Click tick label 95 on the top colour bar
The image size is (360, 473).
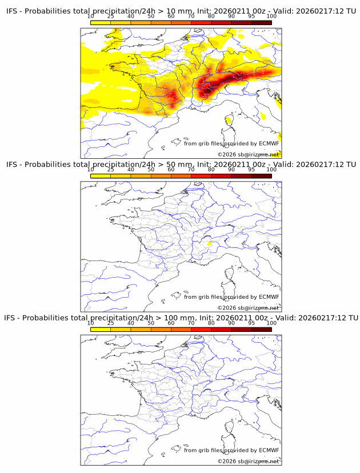(251, 16)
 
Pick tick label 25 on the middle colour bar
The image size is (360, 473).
(111, 169)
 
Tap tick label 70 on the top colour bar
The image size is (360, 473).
(191, 16)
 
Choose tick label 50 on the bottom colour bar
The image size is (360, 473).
(151, 322)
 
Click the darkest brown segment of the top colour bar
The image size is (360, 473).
(262, 22)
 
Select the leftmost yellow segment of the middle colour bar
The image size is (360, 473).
(101, 175)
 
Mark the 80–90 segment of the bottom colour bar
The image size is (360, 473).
(221, 328)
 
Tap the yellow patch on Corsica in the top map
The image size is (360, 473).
(229, 119)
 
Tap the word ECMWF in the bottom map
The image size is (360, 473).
(269, 450)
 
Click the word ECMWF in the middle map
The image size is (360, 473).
(269, 297)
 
